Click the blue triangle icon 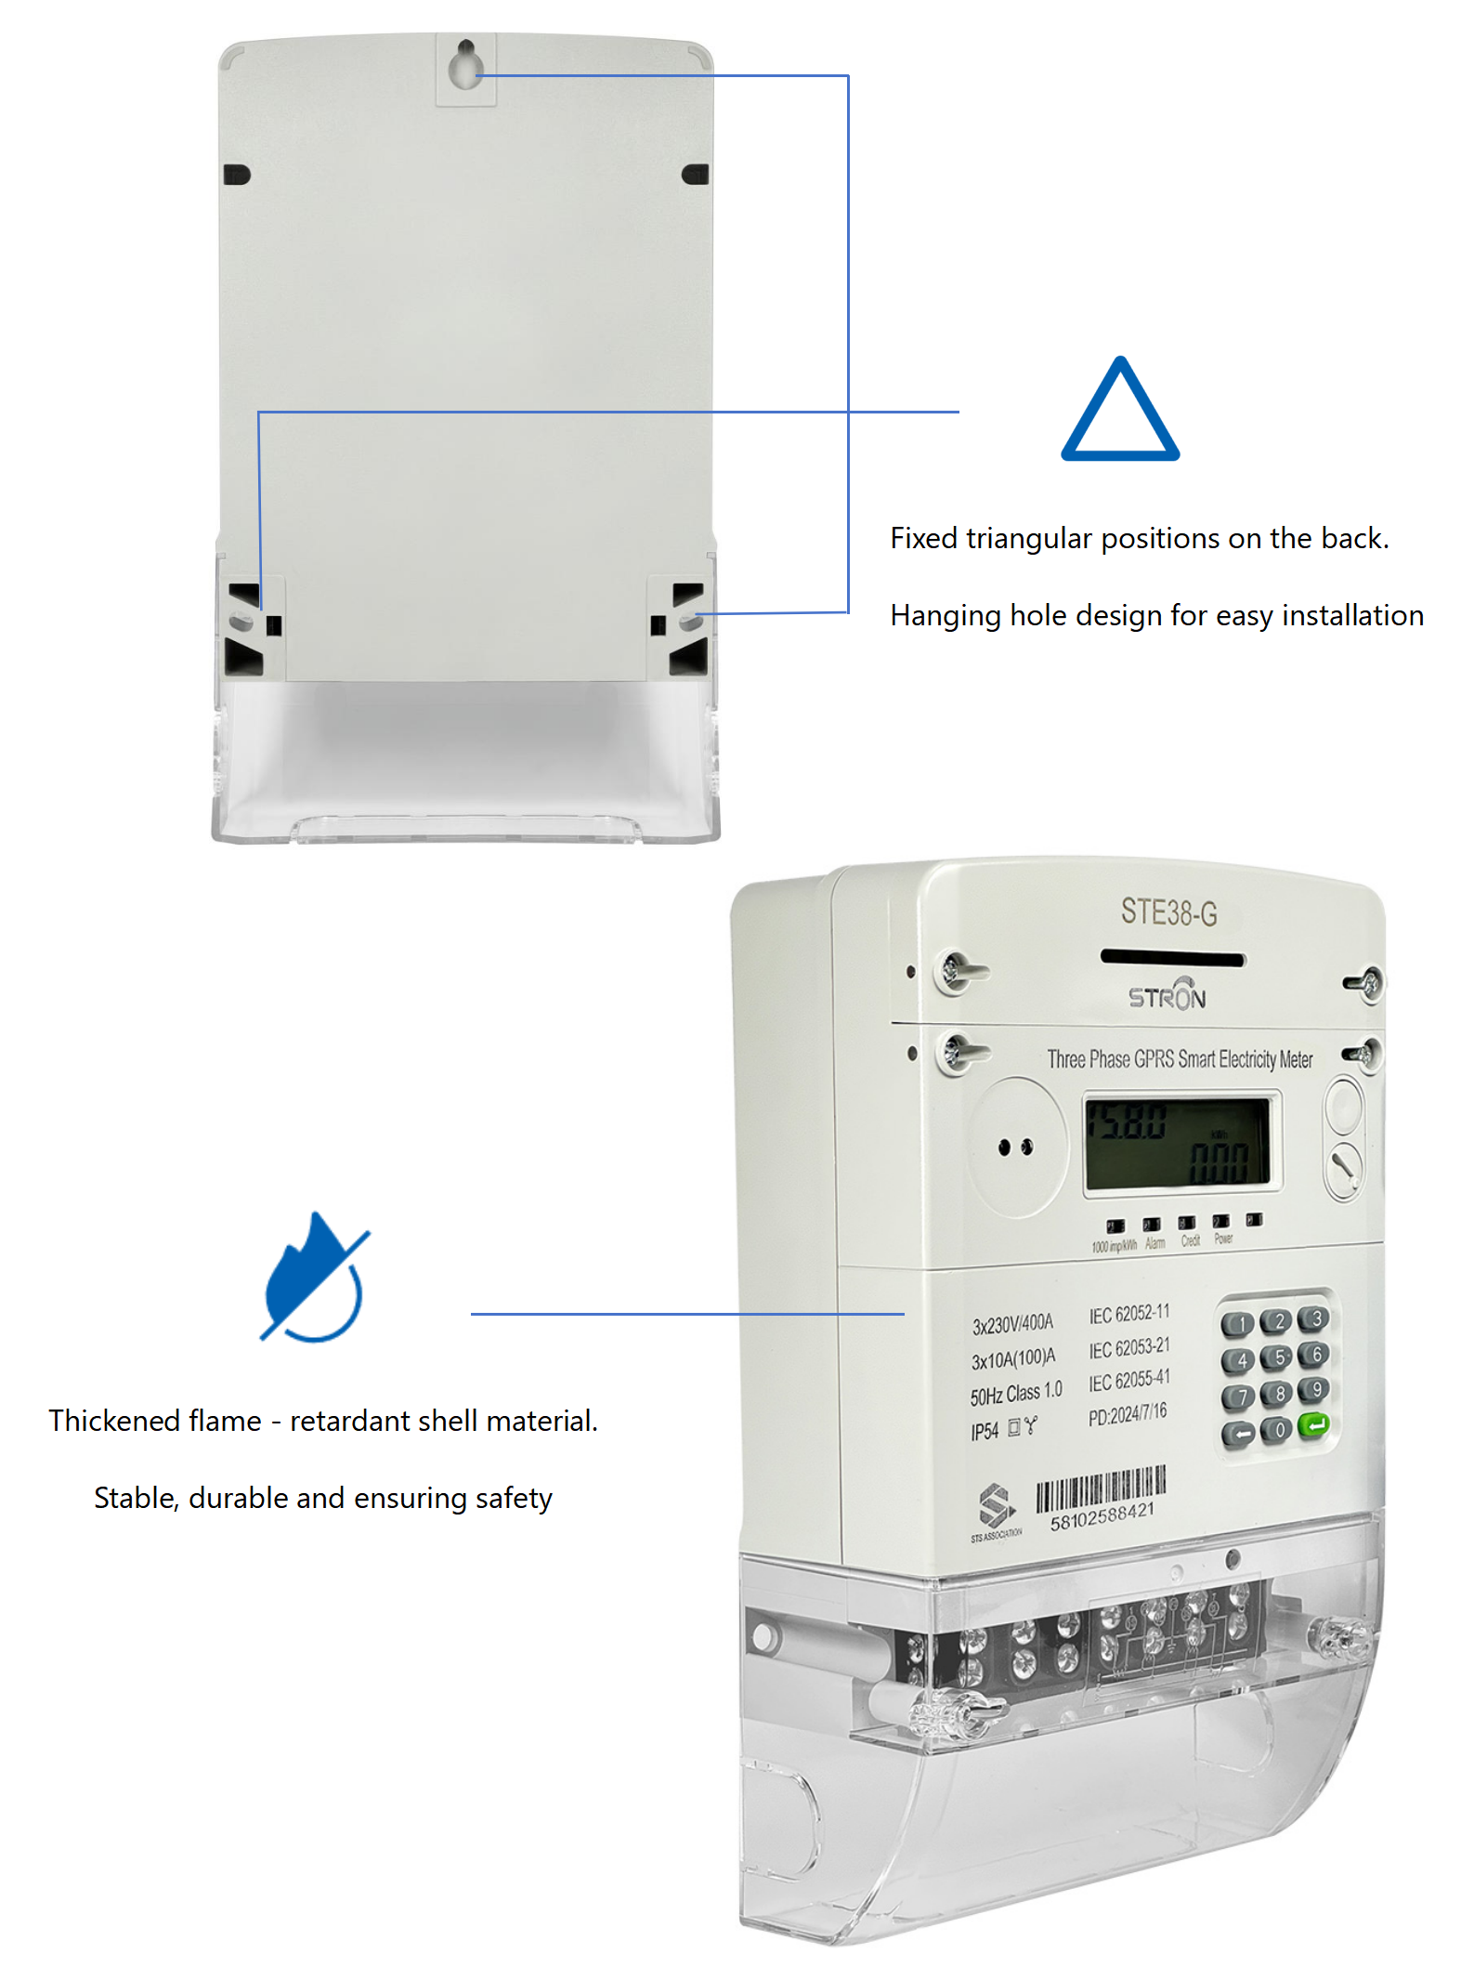1119,412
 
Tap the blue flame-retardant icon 314,1278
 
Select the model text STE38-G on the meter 1168,912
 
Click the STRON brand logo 1167,995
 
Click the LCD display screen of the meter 1179,1143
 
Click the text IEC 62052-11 1128,1314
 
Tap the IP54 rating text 985,1432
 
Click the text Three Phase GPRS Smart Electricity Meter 1180,1059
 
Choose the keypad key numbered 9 1315,1390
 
